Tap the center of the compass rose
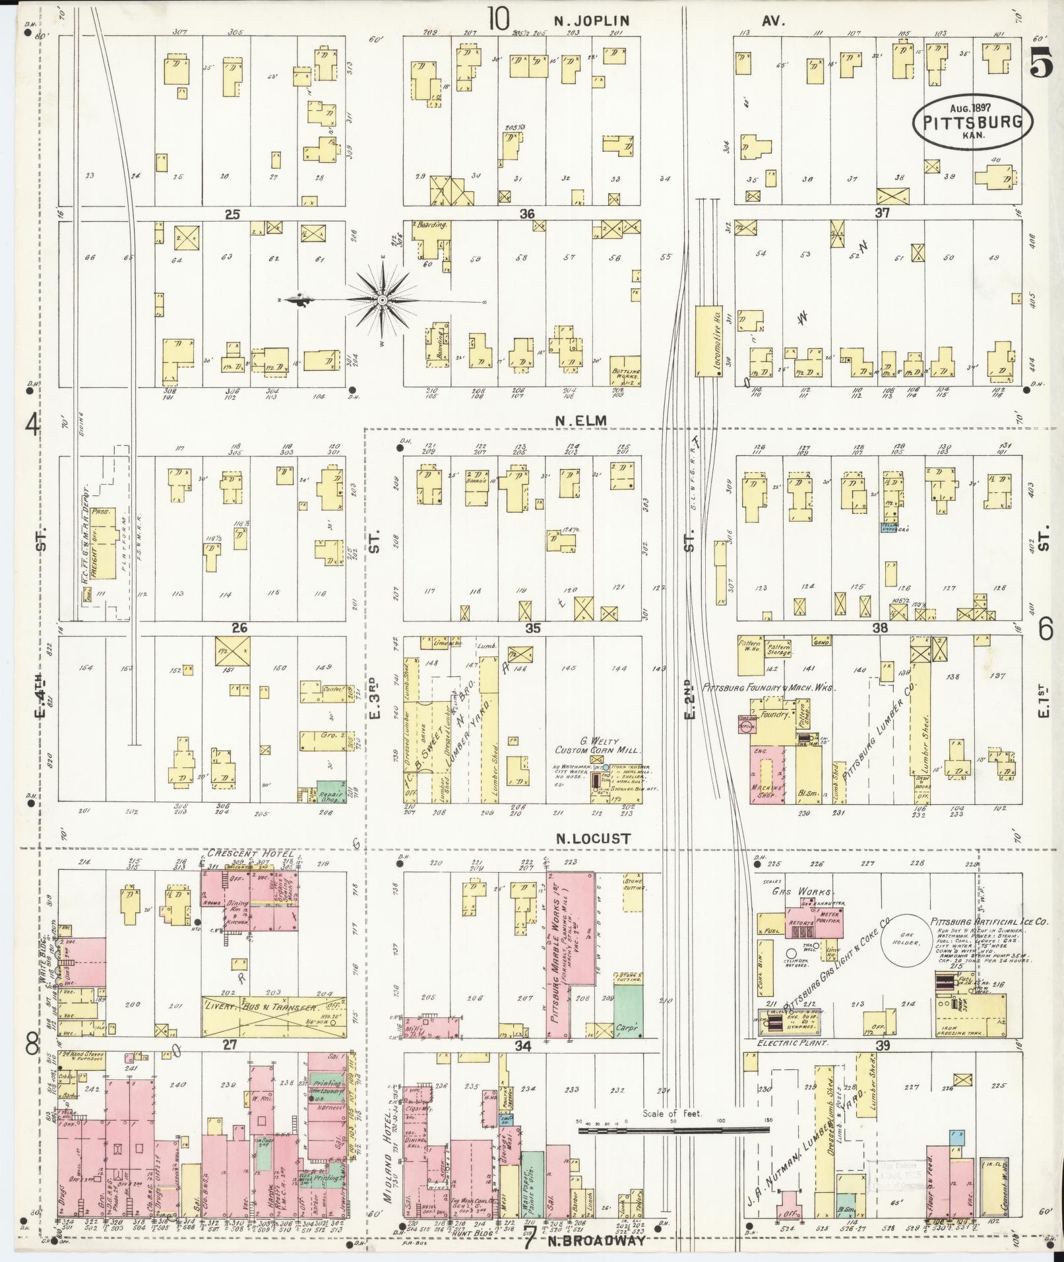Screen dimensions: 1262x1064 pyautogui.click(x=382, y=301)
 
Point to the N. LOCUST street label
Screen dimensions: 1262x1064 pyautogui.click(x=593, y=838)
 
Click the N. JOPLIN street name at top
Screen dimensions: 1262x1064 pyautogui.click(x=591, y=20)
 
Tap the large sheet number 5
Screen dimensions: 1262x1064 pyautogui.click(x=1040, y=64)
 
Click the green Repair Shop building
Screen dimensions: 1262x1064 pyautogui.click(x=331, y=791)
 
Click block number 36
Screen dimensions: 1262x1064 pyautogui.click(x=526, y=214)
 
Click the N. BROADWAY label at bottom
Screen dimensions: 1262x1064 pyautogui.click(x=593, y=1241)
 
